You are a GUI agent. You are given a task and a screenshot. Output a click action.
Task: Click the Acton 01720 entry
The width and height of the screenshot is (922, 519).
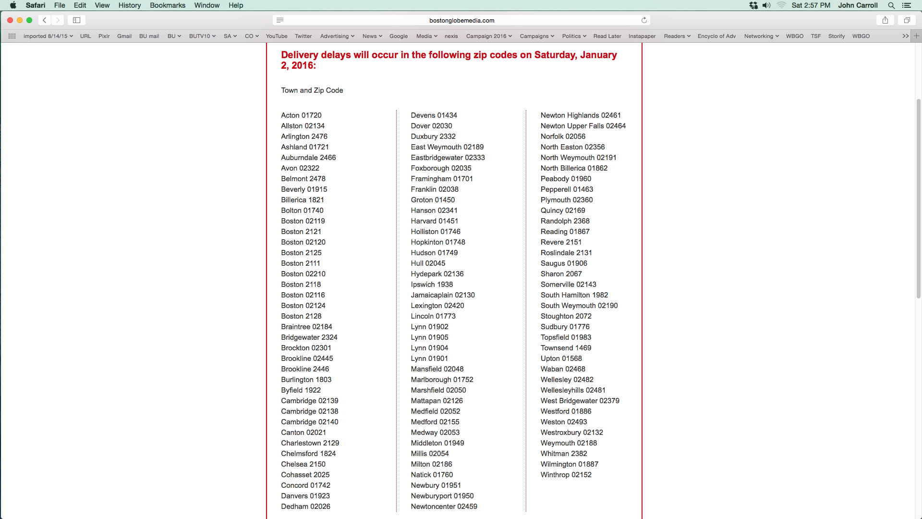tap(301, 115)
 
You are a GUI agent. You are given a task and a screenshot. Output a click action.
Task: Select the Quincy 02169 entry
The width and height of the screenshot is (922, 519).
tap(563, 210)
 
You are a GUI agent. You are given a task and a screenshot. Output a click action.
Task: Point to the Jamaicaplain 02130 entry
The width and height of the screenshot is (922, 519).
tap(442, 295)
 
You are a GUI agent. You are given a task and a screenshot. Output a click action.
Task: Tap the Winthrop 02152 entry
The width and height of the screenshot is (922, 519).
tap(566, 475)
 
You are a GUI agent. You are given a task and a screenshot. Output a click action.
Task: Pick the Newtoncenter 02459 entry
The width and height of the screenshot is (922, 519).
tap(444, 507)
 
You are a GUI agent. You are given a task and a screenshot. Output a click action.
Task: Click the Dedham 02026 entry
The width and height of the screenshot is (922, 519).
tap(305, 507)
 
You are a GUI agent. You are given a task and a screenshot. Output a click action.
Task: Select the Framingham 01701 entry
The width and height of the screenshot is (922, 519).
tap(442, 179)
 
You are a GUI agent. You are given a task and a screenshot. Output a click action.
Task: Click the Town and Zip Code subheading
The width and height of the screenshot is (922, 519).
tap(312, 90)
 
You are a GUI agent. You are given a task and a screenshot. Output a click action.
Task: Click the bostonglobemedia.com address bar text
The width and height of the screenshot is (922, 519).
tap(461, 20)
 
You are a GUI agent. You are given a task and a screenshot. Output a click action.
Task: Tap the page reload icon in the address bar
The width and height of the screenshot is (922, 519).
tap(644, 20)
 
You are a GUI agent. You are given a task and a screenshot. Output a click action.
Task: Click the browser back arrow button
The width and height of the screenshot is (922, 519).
tap(45, 20)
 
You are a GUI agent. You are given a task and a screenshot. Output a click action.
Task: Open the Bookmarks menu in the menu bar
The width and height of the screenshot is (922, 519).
tap(168, 5)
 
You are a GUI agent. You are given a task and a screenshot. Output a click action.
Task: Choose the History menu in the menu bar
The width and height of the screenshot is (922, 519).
tap(130, 5)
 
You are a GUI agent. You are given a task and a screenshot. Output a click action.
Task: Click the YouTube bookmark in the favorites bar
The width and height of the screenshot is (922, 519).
tap(277, 36)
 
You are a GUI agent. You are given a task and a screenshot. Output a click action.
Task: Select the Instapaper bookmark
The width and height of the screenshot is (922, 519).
tap(642, 36)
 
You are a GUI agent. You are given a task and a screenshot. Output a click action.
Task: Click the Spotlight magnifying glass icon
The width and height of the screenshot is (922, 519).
tap(891, 5)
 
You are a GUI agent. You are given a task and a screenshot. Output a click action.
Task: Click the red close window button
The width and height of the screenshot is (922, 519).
tap(10, 20)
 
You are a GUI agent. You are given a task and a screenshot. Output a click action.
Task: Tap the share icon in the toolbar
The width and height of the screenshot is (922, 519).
tap(885, 20)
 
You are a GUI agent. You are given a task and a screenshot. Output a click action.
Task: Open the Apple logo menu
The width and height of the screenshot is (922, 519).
tap(13, 5)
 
